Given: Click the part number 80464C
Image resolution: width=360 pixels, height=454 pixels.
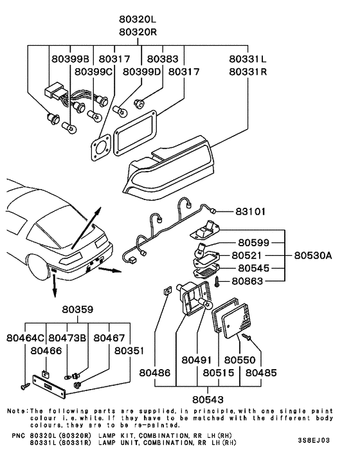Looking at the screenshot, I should point(26,338).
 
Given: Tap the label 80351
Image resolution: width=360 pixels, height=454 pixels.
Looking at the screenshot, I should point(130,351).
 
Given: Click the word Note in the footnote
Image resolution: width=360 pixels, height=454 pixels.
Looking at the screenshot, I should point(17,410).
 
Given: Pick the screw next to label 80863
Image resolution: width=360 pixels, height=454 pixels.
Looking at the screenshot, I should point(218,280).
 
